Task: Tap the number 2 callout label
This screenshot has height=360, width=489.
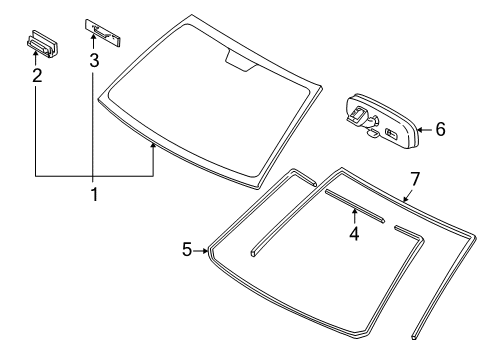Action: [37, 75]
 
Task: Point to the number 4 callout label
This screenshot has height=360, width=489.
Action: [353, 234]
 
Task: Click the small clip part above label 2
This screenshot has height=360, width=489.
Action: [41, 44]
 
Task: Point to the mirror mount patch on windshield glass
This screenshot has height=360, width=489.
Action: [240, 63]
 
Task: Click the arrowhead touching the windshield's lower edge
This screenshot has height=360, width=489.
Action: [154, 146]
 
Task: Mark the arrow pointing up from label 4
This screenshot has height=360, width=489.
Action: [353, 217]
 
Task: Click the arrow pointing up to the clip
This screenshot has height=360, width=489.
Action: [37, 59]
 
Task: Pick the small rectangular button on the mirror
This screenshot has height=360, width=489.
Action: [390, 130]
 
